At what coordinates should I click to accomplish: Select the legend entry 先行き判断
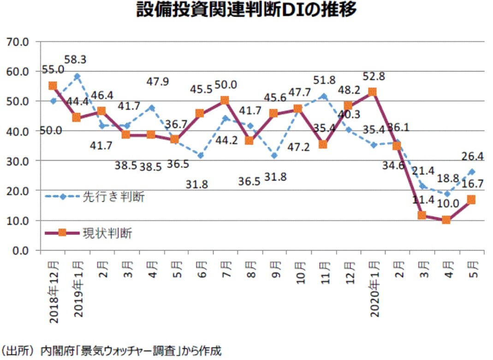point(113,197)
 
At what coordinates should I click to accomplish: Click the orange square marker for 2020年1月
point(372,92)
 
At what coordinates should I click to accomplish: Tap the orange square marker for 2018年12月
point(53,86)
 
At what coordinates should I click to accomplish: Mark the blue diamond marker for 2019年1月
point(77,76)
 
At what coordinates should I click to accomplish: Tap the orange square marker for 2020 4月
point(446,220)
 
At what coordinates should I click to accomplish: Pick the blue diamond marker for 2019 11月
point(323,96)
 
